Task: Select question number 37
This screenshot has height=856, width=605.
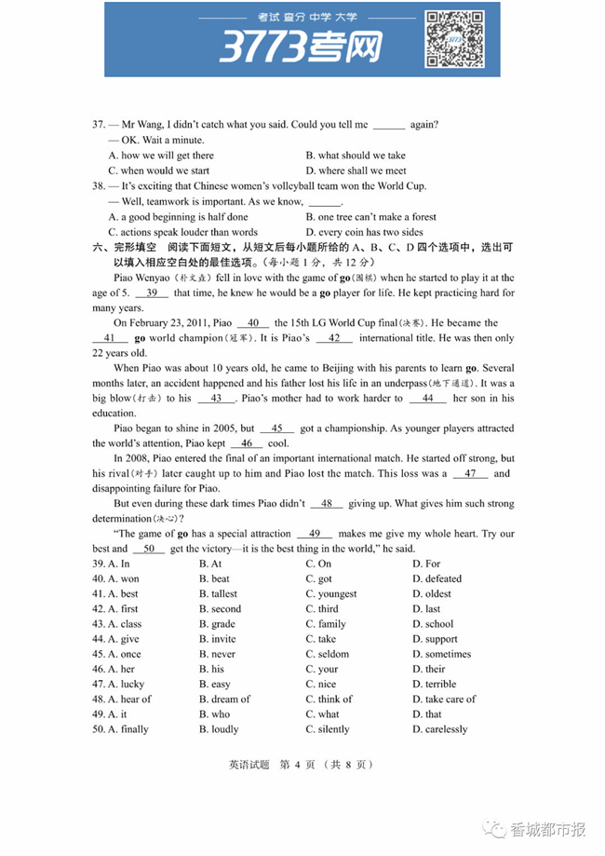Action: click(x=98, y=124)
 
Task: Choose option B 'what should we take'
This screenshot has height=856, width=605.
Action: click(x=355, y=156)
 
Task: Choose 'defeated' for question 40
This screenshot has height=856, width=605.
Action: click(x=436, y=578)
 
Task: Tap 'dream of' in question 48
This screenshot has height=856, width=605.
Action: click(x=224, y=699)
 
